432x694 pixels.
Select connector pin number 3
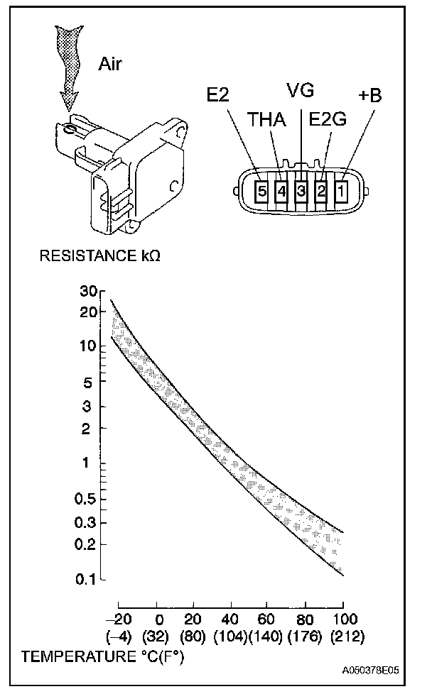click(x=301, y=190)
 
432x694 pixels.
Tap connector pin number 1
click(x=342, y=190)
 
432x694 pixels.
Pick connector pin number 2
click(x=321, y=190)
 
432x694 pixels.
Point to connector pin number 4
click(x=281, y=190)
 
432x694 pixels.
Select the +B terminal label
click(x=369, y=95)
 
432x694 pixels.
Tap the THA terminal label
click(x=266, y=121)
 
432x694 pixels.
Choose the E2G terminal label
click(x=328, y=121)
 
